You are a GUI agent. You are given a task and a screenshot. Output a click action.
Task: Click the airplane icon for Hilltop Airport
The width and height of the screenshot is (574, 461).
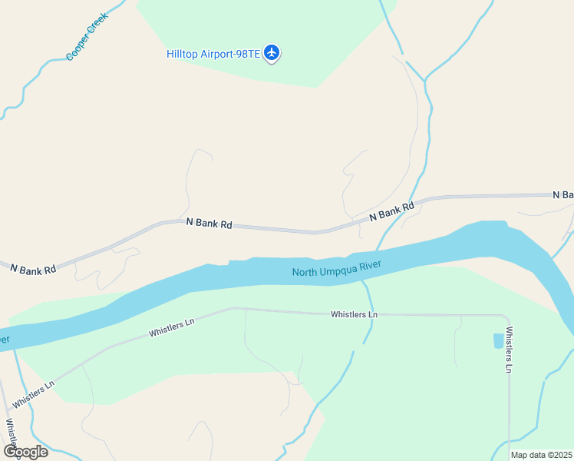pyautogui.click(x=271, y=53)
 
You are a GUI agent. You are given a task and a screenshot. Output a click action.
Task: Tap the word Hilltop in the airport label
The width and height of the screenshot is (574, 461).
pyautogui.click(x=183, y=54)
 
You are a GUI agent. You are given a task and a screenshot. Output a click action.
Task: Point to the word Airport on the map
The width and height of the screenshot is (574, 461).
pyautogui.click(x=217, y=54)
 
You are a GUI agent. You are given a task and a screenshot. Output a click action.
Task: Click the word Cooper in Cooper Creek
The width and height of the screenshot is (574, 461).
pyautogui.click(x=78, y=49)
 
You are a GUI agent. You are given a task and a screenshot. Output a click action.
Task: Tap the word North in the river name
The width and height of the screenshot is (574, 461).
pyautogui.click(x=305, y=272)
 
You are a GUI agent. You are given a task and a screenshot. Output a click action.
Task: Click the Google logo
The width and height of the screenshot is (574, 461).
pyautogui.click(x=25, y=451)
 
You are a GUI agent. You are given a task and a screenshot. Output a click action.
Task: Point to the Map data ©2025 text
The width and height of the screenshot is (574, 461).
pyautogui.click(x=540, y=455)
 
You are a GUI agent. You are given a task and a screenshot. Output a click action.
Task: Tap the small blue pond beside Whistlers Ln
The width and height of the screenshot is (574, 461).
pyautogui.click(x=498, y=340)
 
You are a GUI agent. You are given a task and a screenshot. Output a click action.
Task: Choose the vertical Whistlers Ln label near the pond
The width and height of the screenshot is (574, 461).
pyautogui.click(x=509, y=350)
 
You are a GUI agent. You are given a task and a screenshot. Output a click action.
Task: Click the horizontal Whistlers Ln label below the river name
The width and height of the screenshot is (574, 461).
pyautogui.click(x=354, y=314)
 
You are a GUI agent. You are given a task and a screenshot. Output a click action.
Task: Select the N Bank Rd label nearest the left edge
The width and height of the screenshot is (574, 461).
pyautogui.click(x=33, y=270)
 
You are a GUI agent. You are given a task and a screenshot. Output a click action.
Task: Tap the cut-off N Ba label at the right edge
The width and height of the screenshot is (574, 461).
pyautogui.click(x=562, y=195)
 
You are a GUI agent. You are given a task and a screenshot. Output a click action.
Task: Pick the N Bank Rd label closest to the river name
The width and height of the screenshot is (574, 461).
pyautogui.click(x=391, y=212)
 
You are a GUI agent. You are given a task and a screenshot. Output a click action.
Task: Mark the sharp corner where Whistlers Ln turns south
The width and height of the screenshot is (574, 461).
pyautogui.click(x=507, y=317)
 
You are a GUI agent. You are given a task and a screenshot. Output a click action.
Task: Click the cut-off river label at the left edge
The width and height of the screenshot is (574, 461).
pyautogui.click(x=5, y=339)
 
